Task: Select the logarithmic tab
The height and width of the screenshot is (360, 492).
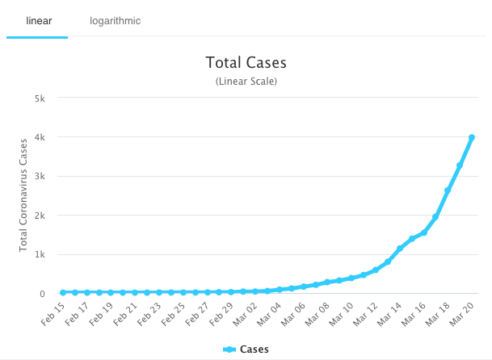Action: point(116,20)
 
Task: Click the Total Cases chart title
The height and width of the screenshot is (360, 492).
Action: point(246,63)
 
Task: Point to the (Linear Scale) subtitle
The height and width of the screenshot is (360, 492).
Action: point(246,82)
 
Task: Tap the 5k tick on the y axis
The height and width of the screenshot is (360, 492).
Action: point(48,98)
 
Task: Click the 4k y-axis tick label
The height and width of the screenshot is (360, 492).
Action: point(48,137)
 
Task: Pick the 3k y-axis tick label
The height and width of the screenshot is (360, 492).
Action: point(48,176)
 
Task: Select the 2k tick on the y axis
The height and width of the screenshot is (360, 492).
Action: point(48,216)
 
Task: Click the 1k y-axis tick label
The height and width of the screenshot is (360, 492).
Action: point(48,254)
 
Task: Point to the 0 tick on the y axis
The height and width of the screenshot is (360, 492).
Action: point(52,294)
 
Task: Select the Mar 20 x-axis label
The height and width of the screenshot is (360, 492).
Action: point(460,314)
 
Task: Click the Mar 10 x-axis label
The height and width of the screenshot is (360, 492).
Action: point(339,314)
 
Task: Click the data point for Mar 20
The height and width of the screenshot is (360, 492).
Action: point(471,137)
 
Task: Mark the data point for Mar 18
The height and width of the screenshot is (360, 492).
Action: point(448,190)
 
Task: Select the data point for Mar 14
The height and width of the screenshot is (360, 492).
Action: point(399,249)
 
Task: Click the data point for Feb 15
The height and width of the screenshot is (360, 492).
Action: point(63,292)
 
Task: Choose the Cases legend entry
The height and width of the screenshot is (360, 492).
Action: point(246,350)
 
